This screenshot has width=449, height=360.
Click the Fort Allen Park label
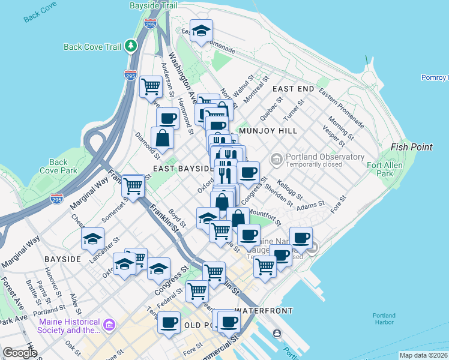[383, 169]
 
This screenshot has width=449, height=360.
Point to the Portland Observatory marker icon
[277, 160]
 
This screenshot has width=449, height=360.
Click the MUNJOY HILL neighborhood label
[267, 130]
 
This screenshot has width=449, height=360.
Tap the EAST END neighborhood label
[293, 89]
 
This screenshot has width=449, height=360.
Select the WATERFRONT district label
[264, 311]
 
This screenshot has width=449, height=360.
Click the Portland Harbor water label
[384, 319]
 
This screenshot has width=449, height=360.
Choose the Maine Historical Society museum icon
[109, 325]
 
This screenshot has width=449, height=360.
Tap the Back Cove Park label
[58, 166]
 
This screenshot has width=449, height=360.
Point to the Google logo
[20, 353]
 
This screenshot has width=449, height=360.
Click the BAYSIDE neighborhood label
[62, 259]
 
